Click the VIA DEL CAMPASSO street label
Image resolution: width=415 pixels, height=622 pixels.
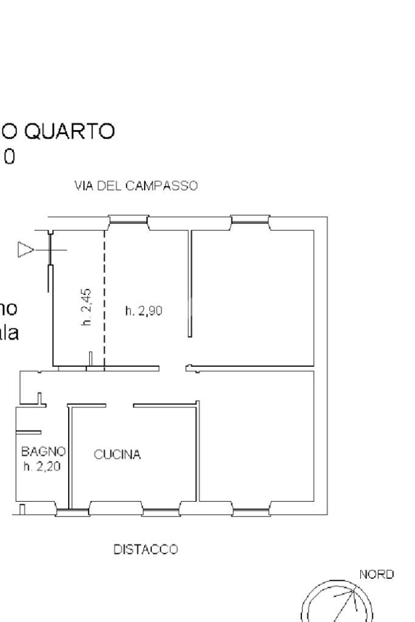click(136, 186)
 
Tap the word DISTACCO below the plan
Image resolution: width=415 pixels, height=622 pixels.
click(146, 550)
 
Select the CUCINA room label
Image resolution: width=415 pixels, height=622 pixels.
click(117, 454)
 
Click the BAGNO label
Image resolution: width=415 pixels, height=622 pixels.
click(43, 451)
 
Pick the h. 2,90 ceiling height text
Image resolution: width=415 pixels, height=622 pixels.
click(144, 311)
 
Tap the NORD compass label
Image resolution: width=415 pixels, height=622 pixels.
click(377, 573)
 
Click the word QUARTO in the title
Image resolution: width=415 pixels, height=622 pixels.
click(67, 131)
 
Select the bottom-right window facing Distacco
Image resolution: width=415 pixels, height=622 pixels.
click(251, 511)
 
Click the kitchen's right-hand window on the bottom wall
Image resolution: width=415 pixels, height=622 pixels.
click(160, 511)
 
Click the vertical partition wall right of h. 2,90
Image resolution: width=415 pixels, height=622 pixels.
click(190, 283)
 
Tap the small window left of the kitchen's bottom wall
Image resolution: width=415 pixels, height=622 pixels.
click(72, 512)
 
